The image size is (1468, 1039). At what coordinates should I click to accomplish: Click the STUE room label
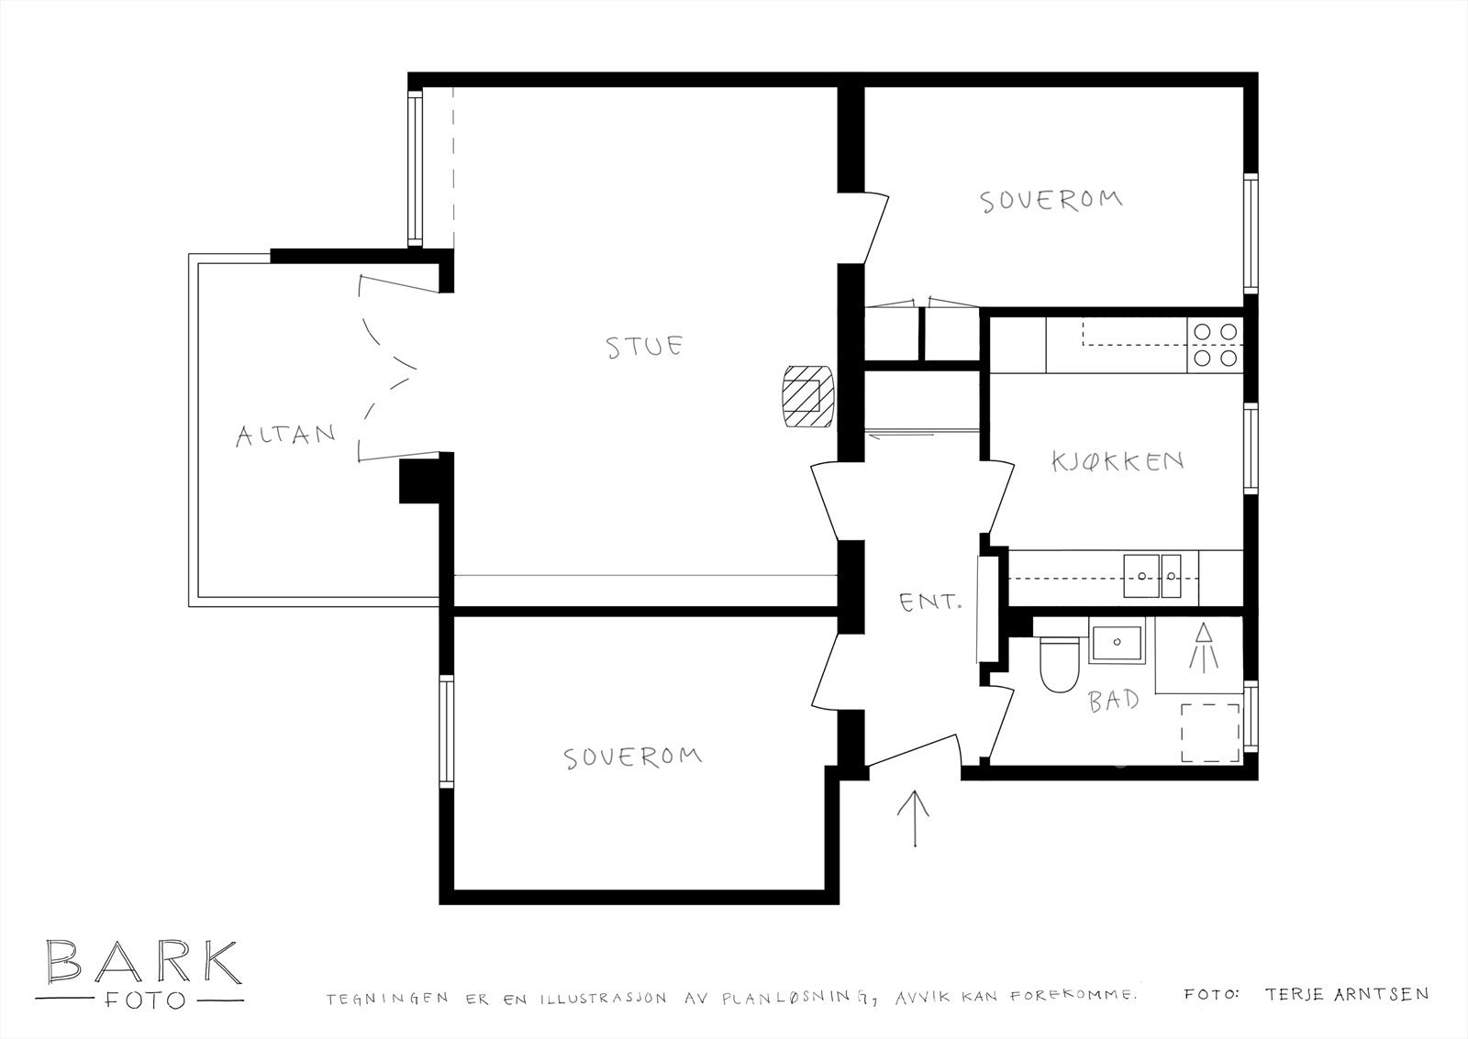point(645,348)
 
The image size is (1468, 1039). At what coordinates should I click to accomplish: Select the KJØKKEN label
point(1117,459)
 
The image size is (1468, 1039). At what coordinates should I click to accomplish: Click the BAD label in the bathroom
point(1114,702)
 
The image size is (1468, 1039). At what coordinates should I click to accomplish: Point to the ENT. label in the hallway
point(929,602)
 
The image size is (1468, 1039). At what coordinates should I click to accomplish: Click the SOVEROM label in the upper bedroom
point(1051,200)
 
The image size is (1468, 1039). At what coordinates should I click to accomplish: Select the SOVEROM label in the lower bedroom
point(632,757)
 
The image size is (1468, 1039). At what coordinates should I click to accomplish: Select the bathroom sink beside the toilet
point(1116,640)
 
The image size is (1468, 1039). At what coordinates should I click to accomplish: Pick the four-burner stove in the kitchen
point(1215,345)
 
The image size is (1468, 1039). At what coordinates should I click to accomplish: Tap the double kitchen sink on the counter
point(1158,576)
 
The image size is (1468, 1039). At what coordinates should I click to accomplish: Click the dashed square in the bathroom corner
point(1209,732)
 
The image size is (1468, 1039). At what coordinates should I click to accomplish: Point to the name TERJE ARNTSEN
point(1346,994)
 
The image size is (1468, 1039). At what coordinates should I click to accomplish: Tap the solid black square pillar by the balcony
point(421,481)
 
